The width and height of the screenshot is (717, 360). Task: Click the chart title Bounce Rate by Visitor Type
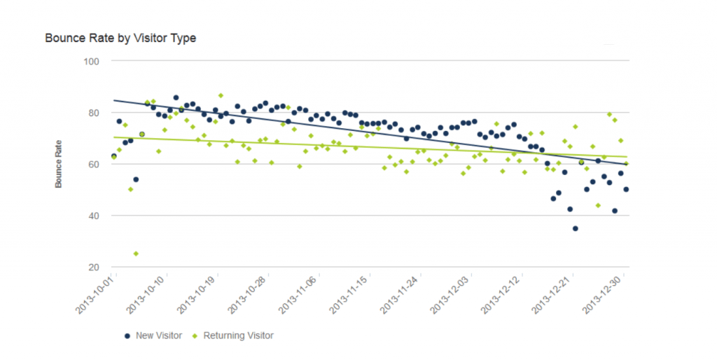click(120, 39)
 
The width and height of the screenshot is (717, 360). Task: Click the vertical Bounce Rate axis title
click(60, 164)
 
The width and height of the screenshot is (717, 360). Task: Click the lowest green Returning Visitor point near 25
click(136, 254)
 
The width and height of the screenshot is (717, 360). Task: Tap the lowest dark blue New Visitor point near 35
click(576, 228)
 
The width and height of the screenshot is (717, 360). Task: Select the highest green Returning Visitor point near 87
click(221, 95)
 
